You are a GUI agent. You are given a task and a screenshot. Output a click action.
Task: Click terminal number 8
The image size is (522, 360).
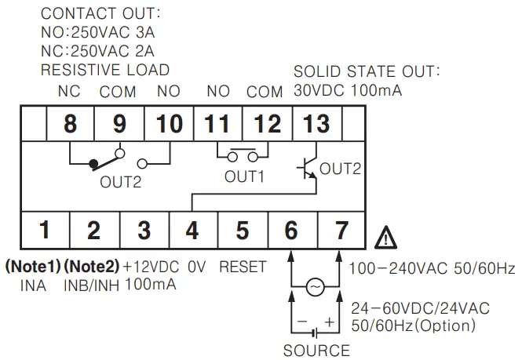[x=70, y=123]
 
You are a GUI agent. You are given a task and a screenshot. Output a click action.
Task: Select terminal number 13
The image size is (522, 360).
[x=316, y=123]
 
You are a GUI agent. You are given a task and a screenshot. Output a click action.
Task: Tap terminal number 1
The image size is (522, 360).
[x=45, y=231]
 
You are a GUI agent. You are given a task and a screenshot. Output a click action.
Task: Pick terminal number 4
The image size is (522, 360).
[x=192, y=231]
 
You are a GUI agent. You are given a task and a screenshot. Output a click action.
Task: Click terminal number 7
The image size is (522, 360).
[x=341, y=231]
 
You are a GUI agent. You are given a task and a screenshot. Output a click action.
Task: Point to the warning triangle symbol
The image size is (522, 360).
[x=385, y=235]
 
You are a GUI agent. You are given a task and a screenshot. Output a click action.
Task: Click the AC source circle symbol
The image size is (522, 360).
[x=316, y=289]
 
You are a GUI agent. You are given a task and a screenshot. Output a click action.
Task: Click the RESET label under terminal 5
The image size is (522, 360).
[x=243, y=267]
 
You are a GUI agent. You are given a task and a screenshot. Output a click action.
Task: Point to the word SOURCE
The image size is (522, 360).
[x=316, y=350]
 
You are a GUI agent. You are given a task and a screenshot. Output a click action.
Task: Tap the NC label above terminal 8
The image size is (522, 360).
[x=69, y=91]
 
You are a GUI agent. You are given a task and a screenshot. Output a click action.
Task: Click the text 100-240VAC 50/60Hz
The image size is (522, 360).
[x=432, y=269]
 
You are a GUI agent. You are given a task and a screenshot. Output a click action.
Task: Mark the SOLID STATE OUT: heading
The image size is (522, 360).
[x=367, y=71]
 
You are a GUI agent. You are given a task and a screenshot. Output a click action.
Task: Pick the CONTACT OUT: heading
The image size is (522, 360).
[x=100, y=14]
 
